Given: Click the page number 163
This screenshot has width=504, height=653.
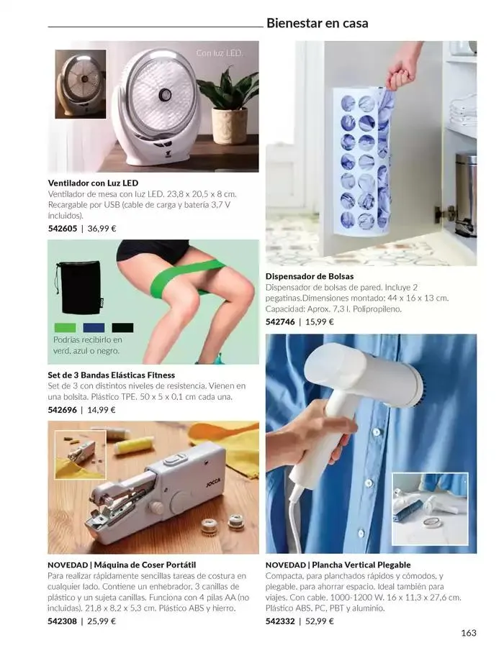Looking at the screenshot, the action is pyautogui.click(x=469, y=633).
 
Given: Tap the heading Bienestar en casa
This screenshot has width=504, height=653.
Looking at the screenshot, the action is pyautogui.click(x=318, y=23).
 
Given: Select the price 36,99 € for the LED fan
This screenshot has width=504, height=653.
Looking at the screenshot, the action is pyautogui.click(x=102, y=228).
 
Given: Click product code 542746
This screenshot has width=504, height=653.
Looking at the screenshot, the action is pyautogui.click(x=280, y=321).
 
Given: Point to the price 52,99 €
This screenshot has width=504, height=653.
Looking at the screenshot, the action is pyautogui.click(x=320, y=621).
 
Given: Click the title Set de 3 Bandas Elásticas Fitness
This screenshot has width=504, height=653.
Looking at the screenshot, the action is pyautogui.click(x=112, y=375).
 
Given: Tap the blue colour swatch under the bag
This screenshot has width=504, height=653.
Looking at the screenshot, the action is pyautogui.click(x=94, y=328).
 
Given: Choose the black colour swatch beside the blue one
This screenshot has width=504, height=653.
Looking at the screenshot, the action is pyautogui.click(x=122, y=328).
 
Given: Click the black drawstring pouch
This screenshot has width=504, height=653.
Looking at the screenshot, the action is pyautogui.click(x=78, y=287).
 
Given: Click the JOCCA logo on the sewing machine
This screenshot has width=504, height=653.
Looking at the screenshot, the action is pyautogui.click(x=213, y=482).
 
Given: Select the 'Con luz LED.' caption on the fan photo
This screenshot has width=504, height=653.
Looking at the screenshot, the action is pyautogui.click(x=220, y=53).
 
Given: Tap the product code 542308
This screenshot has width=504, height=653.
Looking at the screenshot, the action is pyautogui.click(x=62, y=621).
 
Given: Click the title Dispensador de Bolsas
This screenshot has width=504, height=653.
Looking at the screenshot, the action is pyautogui.click(x=310, y=276).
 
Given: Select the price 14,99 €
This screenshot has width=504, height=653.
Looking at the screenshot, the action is pyautogui.click(x=102, y=409).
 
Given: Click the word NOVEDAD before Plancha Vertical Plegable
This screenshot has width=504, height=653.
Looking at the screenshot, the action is pyautogui.click(x=286, y=565).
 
